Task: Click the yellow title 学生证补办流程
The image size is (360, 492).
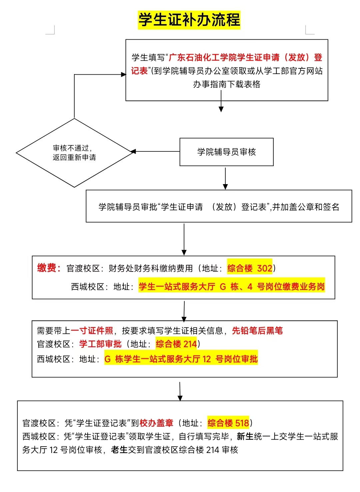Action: (189, 20)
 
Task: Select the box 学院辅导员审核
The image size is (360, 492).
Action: (227, 152)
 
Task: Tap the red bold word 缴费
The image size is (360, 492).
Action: (47, 268)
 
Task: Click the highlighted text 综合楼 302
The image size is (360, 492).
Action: (250, 269)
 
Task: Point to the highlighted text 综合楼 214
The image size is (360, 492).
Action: (176, 344)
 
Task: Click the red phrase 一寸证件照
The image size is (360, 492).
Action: (92, 331)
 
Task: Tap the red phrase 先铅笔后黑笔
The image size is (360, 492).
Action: (257, 331)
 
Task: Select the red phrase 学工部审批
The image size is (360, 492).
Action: (100, 344)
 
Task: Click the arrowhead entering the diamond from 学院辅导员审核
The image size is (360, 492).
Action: (133, 151)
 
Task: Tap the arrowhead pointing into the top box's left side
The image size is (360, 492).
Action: (124, 74)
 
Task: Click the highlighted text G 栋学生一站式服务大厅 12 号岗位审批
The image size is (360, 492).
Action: (181, 359)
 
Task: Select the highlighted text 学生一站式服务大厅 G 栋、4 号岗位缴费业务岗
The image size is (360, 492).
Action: (232, 287)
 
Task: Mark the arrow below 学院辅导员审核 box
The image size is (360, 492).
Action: (225, 178)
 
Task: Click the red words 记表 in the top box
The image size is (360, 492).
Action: (139, 71)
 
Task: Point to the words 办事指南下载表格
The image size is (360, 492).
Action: (227, 84)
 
